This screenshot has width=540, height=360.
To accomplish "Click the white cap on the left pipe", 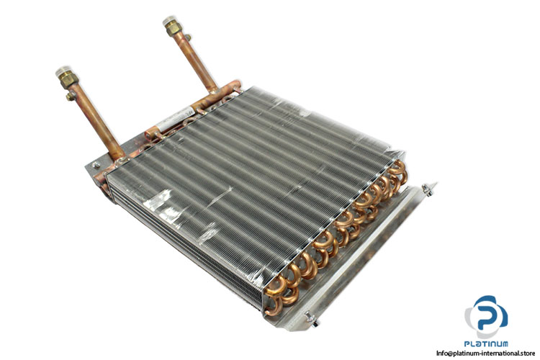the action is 63,71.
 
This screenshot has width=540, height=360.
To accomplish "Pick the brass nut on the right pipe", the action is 174,29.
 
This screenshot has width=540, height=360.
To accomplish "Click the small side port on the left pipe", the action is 71,96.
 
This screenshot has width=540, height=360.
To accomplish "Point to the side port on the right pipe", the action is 187,37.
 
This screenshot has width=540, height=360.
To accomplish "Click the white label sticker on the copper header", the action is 175,118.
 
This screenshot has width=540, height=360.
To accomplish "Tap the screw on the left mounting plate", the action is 96,165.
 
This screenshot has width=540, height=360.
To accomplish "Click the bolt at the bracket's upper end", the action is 428,189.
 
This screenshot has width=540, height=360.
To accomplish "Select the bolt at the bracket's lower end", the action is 312,319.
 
